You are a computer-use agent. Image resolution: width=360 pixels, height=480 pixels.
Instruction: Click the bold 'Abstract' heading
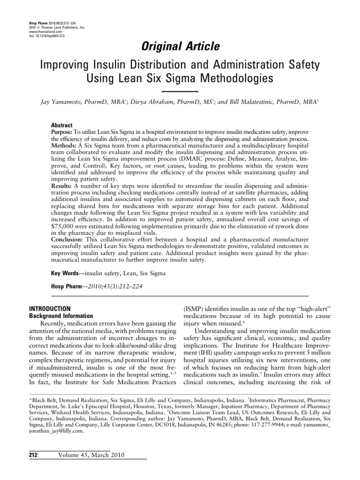pyautogui.click(x=61, y=126)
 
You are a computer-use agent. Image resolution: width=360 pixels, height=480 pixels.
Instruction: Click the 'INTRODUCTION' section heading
pyautogui.click(x=50, y=308)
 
